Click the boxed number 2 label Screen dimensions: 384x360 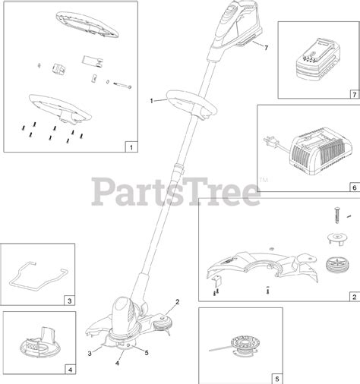353,297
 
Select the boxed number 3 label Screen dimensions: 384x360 69,301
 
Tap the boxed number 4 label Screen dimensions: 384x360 69,371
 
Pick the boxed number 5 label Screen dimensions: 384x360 277,377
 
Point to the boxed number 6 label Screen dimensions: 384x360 353,184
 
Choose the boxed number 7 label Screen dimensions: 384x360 353,96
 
